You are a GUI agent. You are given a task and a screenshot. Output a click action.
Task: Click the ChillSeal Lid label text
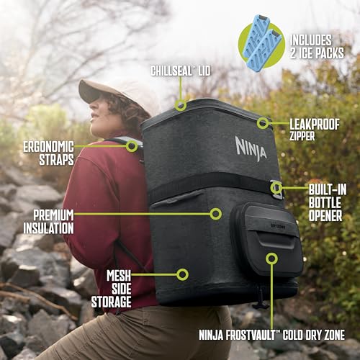pyautogui.click(x=180, y=71)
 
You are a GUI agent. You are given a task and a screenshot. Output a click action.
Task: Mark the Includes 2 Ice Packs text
pyautogui.click(x=318, y=45)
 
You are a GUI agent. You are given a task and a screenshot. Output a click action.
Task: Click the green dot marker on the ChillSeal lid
pyautogui.click(x=180, y=105)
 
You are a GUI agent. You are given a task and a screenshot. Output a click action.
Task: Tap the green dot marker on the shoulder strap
pyautogui.click(x=132, y=145)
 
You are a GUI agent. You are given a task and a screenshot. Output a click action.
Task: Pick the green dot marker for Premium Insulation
pyautogui.click(x=215, y=213)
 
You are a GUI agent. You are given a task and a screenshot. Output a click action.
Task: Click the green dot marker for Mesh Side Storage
pyautogui.click(x=183, y=274)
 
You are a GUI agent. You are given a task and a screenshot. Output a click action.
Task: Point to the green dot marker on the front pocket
pyautogui.click(x=271, y=257)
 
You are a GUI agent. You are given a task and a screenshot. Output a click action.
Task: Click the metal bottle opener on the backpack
pyautogui.click(x=275, y=189)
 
